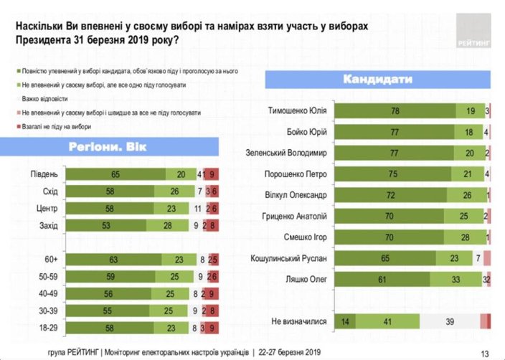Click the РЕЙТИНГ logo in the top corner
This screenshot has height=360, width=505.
473,33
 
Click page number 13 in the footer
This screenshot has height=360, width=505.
484,351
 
